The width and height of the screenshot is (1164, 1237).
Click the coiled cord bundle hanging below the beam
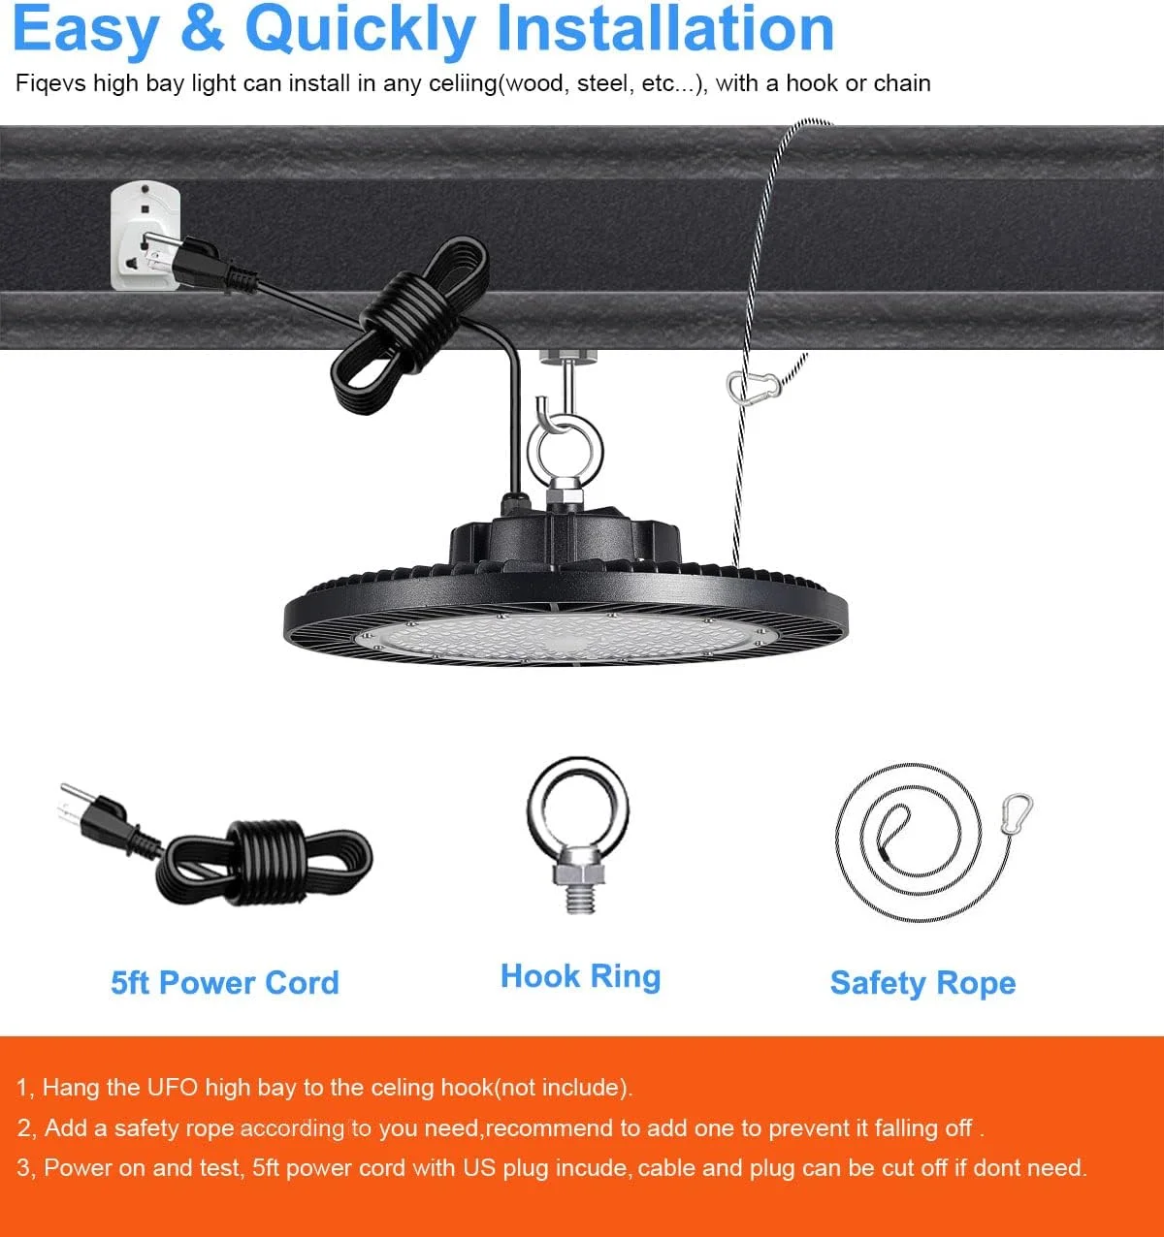tap(409, 324)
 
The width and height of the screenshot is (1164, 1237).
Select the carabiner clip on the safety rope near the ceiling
tap(753, 387)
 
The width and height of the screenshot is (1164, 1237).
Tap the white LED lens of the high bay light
tap(566, 637)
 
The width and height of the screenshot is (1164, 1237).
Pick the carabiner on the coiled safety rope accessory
tap(1017, 813)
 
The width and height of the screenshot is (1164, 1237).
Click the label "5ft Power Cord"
tap(225, 983)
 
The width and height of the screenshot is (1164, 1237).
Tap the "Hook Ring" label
tap(580, 976)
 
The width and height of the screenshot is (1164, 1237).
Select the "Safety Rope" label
tap(922, 984)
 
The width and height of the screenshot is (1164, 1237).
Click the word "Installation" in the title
tap(665, 29)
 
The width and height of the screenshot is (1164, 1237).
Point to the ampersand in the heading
tap(202, 29)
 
